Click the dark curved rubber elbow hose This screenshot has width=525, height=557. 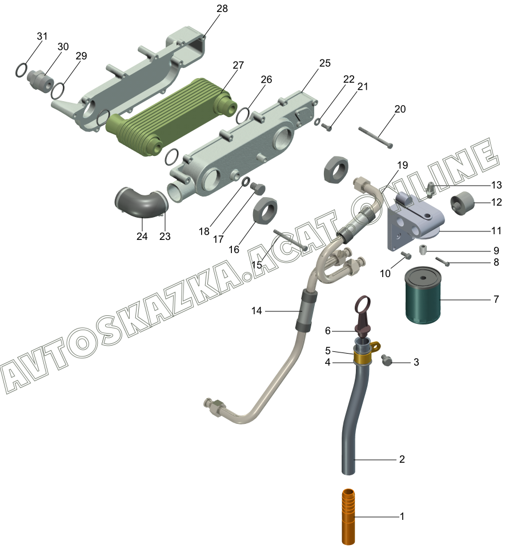pos(141,205)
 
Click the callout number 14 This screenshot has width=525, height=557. pos(256,311)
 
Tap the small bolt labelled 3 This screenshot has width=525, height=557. pos(386,360)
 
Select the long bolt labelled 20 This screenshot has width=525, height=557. pos(375,138)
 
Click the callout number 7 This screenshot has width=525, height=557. pos(496,299)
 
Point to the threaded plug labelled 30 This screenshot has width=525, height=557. pos(40,81)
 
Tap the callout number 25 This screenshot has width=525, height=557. pos(324,63)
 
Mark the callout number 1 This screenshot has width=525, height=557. pos(402,516)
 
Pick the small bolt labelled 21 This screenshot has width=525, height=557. pos(327,126)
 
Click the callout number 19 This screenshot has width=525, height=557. pos(403,165)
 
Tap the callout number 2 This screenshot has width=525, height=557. pos(402,459)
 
